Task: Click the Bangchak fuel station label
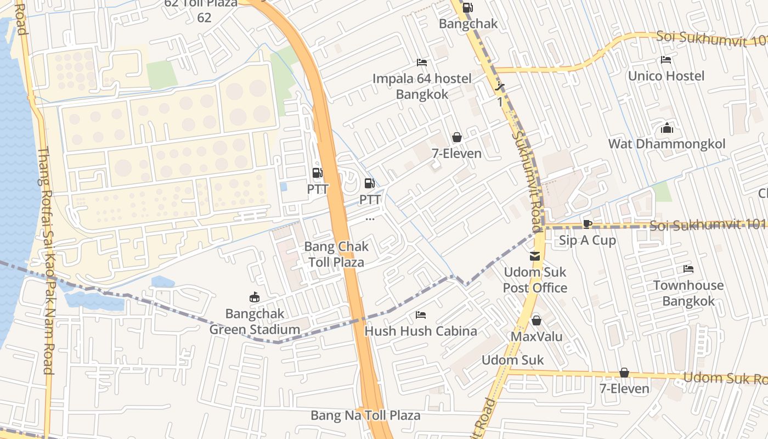468,24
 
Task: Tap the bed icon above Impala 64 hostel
422,63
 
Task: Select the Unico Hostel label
666,76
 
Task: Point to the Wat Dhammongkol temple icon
667,128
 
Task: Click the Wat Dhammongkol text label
667,144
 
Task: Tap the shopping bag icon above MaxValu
537,320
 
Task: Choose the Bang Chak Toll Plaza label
336,254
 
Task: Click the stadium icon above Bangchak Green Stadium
255,297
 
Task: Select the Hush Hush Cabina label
421,331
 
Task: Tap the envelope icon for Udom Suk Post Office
535,256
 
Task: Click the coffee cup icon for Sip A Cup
587,224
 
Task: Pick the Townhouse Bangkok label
688,293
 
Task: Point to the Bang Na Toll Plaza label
365,415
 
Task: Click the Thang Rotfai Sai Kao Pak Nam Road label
48,261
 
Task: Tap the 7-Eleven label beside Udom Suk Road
624,389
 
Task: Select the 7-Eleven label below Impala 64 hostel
456,154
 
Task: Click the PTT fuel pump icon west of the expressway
317,173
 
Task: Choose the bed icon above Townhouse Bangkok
688,269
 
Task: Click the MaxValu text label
537,336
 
